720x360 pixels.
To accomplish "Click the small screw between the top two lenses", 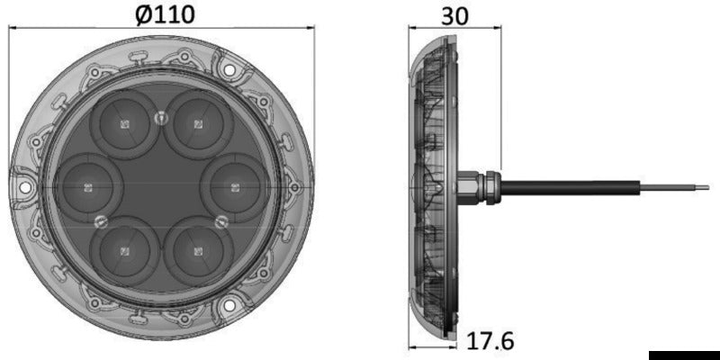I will (161, 116).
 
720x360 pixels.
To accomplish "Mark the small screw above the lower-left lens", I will (100, 221).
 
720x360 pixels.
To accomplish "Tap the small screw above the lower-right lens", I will (220, 220).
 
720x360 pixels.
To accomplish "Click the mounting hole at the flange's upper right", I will (229, 67).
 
